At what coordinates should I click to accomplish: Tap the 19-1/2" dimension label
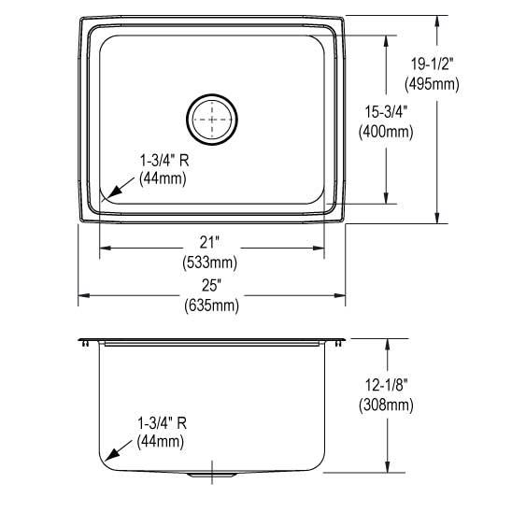click(x=432, y=64)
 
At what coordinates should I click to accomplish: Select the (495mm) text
click(x=432, y=84)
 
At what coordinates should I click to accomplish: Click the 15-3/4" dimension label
click(x=386, y=111)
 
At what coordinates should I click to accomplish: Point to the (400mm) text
click(x=386, y=132)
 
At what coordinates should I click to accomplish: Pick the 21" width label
click(x=209, y=242)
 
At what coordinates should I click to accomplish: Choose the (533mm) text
click(x=210, y=263)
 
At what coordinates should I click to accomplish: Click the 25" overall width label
click(x=212, y=286)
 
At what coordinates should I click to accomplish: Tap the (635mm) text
click(x=212, y=306)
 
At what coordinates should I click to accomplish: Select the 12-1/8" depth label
click(x=386, y=385)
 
